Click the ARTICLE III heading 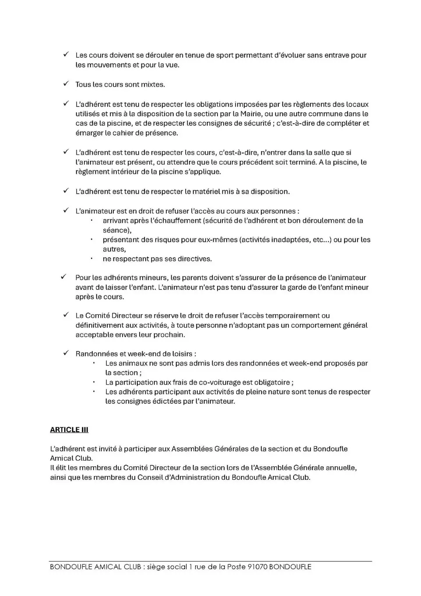point(69,430)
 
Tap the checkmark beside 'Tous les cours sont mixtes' point(66,84)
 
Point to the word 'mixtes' point(153,85)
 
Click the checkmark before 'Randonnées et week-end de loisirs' point(66,353)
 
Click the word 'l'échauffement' point(175,220)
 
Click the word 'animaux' point(134,363)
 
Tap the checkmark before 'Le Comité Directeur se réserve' point(66,315)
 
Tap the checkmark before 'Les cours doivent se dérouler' point(66,54)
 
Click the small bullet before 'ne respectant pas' point(91,259)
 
